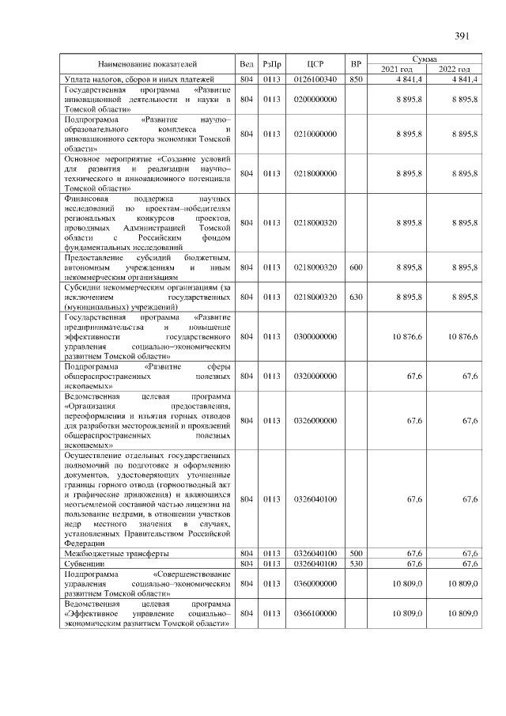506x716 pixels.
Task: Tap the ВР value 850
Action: [356, 79]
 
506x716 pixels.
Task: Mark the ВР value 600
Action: [356, 268]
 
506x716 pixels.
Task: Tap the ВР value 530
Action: [356, 563]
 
